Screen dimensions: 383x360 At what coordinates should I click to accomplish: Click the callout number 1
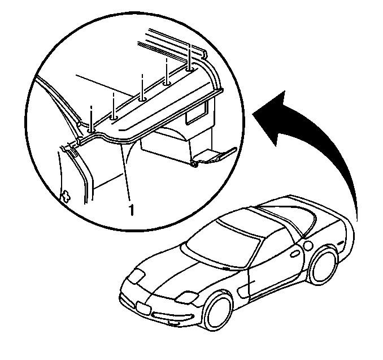132,210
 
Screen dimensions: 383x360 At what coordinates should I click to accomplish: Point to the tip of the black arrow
285,91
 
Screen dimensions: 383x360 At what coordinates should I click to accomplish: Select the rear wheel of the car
324,266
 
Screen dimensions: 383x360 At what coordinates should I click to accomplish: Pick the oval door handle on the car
294,253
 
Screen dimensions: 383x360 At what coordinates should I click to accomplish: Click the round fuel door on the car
308,245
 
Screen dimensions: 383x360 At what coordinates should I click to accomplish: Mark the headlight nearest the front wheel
186,297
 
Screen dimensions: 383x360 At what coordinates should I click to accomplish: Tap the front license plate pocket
143,309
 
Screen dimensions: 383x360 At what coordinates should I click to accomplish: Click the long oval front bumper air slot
172,316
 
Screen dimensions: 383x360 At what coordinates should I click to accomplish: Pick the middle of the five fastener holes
142,99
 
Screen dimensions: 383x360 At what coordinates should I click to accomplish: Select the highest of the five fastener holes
190,70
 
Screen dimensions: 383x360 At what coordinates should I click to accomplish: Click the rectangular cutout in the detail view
197,114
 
